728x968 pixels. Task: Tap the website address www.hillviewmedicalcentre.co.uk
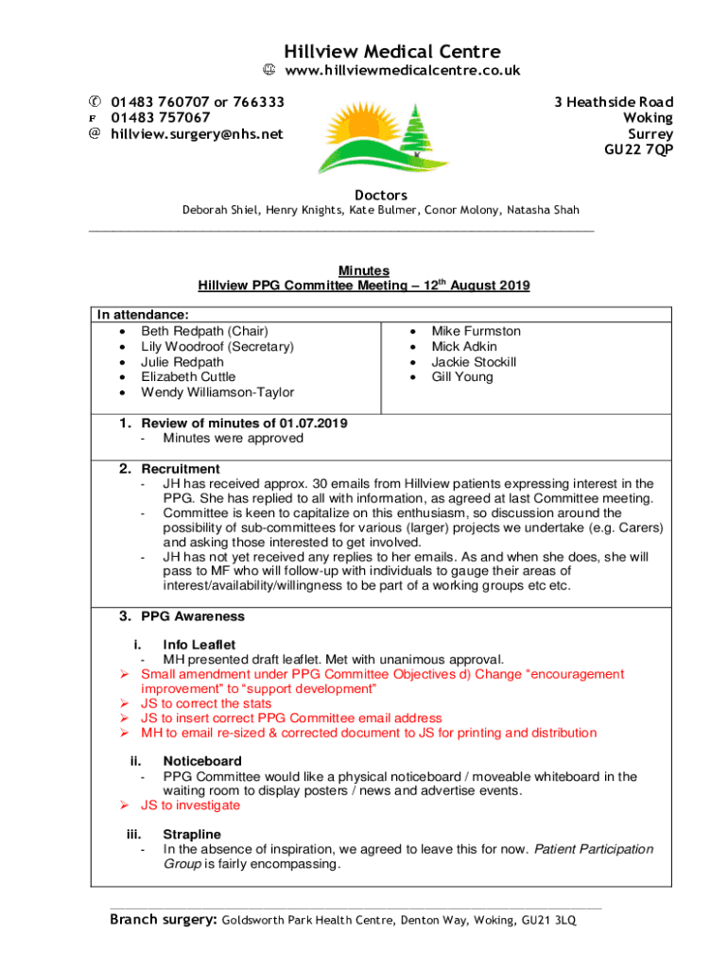[x=403, y=71]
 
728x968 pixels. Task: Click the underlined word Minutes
[x=364, y=270]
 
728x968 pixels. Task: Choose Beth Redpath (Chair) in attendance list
[x=204, y=331]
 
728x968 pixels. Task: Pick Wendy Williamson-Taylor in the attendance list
[x=217, y=391]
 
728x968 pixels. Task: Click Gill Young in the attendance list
[x=462, y=376]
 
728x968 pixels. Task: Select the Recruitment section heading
[x=181, y=469]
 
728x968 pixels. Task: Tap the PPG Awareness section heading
[x=193, y=616]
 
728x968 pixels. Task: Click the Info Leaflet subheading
[x=199, y=645]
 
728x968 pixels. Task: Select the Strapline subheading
[x=192, y=834]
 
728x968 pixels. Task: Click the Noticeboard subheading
[x=202, y=761]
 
